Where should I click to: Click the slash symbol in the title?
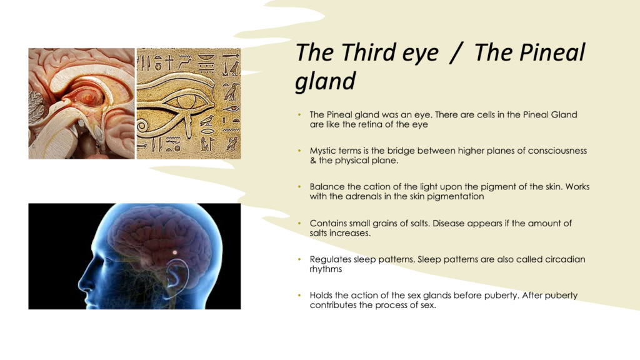point(456,53)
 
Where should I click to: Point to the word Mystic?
point(323,151)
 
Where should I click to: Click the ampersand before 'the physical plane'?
point(312,161)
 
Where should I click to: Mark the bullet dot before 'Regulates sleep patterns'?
point(299,259)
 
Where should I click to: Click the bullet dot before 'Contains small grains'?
point(299,223)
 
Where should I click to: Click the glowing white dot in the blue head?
point(175,252)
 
